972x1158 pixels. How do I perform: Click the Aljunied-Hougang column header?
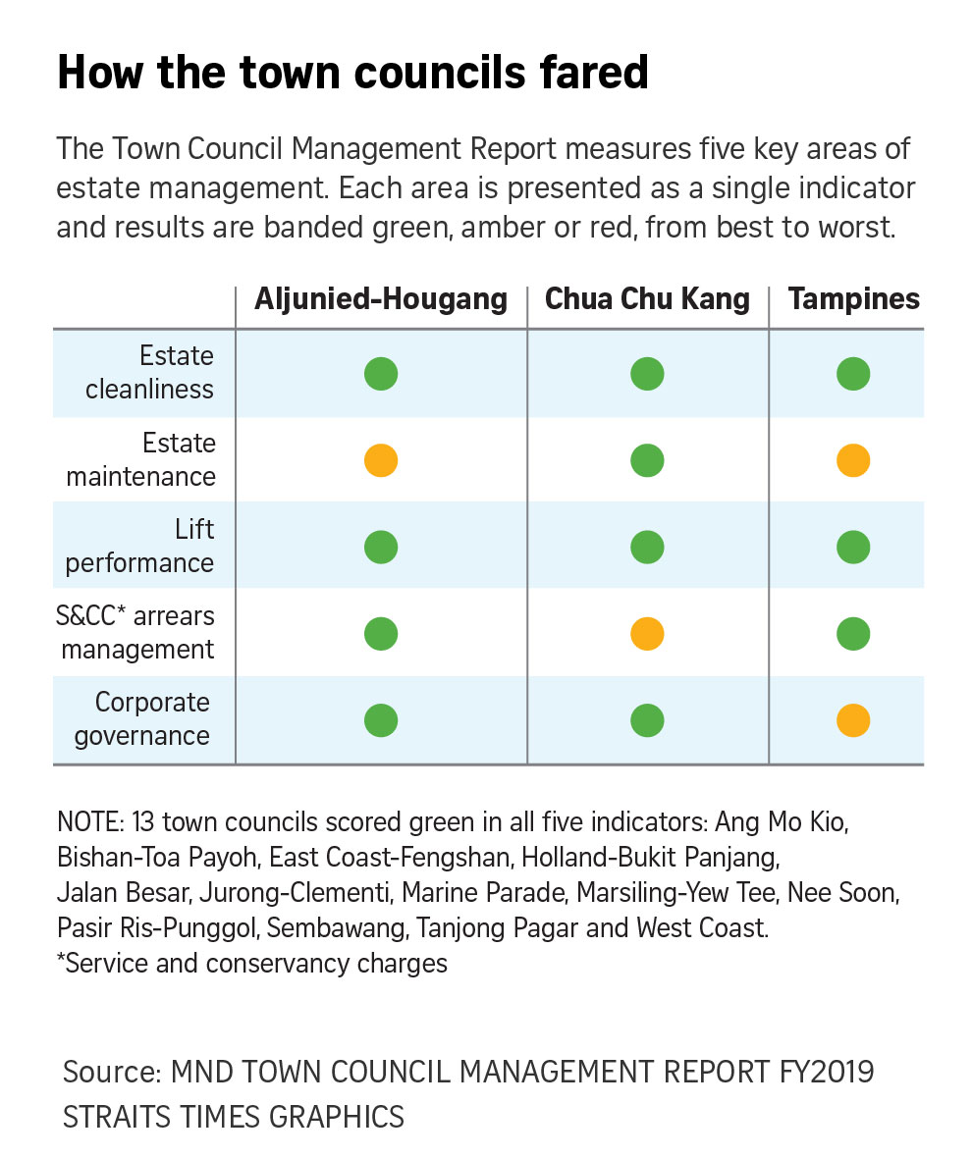coord(381,299)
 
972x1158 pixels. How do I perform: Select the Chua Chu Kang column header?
coord(647,299)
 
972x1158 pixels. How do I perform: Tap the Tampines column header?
coord(853,299)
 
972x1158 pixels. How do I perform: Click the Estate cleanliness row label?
coord(149,372)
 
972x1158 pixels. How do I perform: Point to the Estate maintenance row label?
coord(141,459)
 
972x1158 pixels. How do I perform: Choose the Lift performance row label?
coord(139,546)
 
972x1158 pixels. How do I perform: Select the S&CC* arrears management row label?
coord(135,633)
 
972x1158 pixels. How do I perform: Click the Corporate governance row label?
coord(142,719)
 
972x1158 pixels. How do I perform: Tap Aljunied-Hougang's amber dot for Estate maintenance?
coord(381,460)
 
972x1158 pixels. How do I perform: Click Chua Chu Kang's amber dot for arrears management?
coord(647,634)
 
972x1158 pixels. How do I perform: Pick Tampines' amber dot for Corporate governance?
coord(853,720)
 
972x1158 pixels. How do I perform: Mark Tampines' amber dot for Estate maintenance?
coord(853,460)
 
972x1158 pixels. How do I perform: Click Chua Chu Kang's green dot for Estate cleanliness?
coord(647,374)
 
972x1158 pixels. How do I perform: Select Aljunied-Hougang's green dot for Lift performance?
coord(381,548)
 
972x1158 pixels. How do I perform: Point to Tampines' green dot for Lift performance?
coord(853,548)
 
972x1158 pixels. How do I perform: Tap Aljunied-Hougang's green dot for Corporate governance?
coord(381,720)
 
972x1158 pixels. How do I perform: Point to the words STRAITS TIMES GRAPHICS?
coord(234,1117)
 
